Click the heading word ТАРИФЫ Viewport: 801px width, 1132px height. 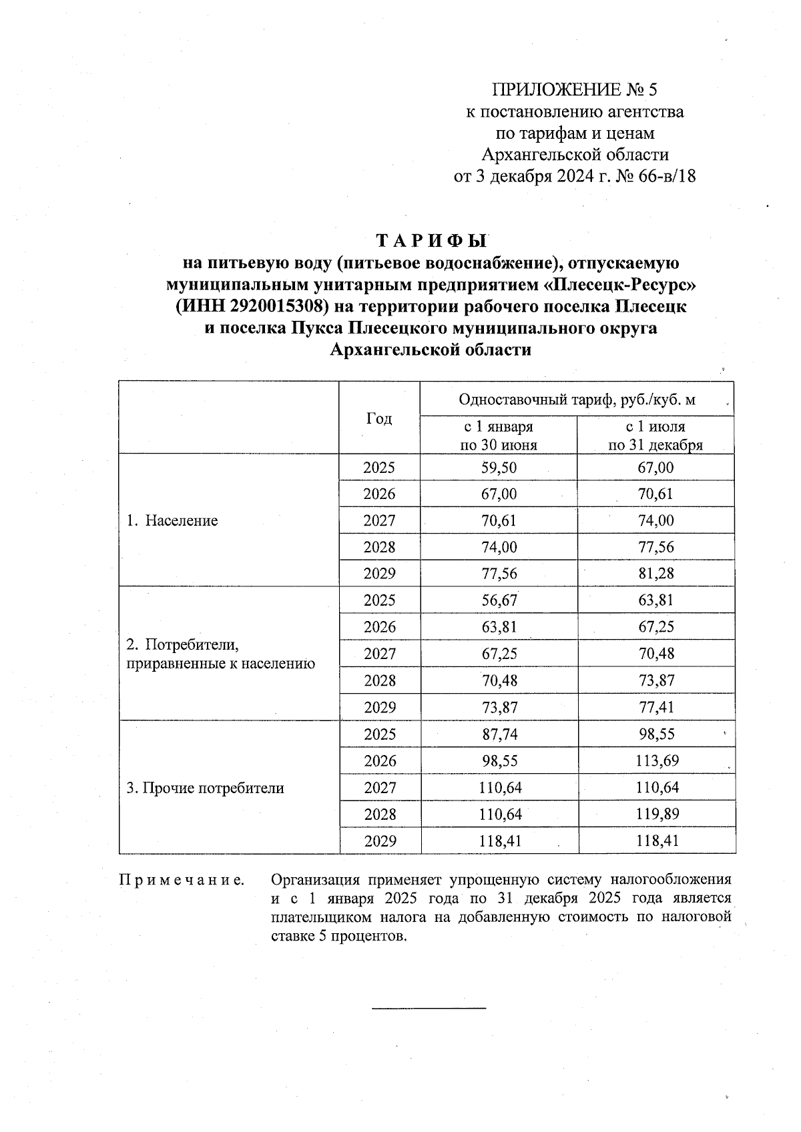433,240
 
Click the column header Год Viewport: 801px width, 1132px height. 379,418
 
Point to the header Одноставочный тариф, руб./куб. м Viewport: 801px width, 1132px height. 577,400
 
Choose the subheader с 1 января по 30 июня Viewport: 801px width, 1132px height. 499,436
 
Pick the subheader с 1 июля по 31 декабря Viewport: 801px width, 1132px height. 655,436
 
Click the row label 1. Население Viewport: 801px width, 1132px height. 173,520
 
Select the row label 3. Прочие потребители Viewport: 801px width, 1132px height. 206,788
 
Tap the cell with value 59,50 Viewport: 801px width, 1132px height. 499,468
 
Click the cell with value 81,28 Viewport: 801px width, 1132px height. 655,574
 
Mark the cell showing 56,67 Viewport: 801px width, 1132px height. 499,600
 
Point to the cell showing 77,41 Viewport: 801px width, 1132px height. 656,707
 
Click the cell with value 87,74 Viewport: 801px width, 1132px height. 499,734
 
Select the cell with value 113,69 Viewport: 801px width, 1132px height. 657,761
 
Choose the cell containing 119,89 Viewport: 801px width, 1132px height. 657,814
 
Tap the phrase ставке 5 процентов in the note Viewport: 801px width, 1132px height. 338,936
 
